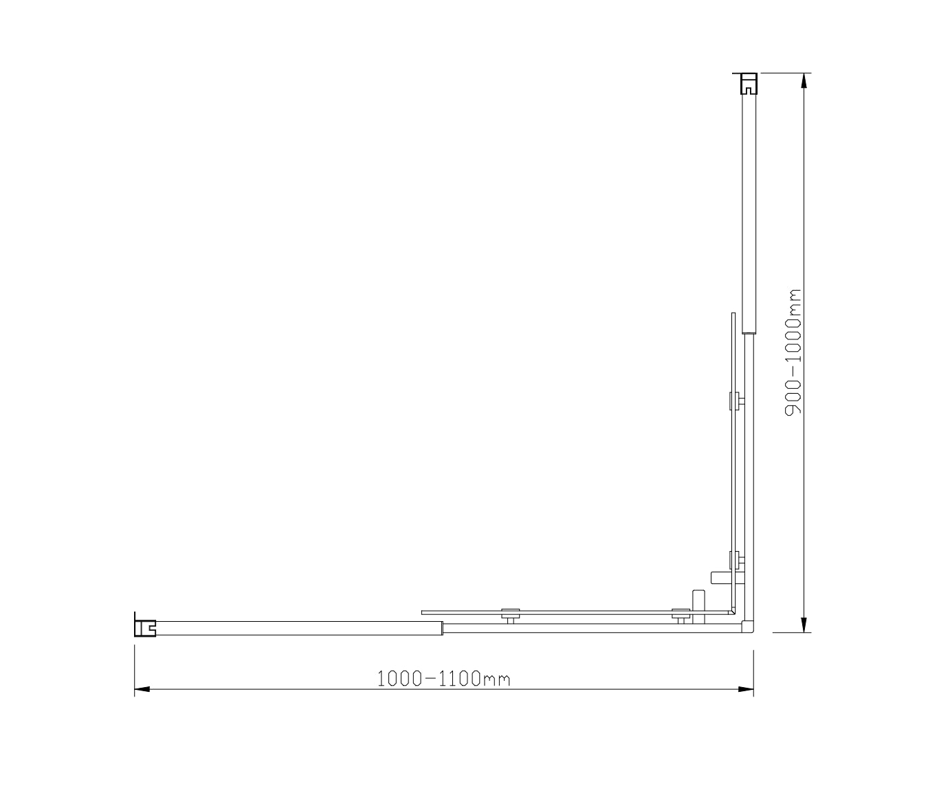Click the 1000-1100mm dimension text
point(443,679)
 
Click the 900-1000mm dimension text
point(795,352)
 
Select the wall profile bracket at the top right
point(748,83)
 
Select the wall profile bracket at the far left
point(145,626)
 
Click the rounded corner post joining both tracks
point(749,627)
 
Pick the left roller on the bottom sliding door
point(509,614)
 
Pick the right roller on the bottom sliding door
point(681,614)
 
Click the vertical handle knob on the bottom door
point(698,600)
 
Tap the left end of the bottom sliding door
point(424,611)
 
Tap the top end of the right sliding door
point(733,316)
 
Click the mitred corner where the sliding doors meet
point(734,611)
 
